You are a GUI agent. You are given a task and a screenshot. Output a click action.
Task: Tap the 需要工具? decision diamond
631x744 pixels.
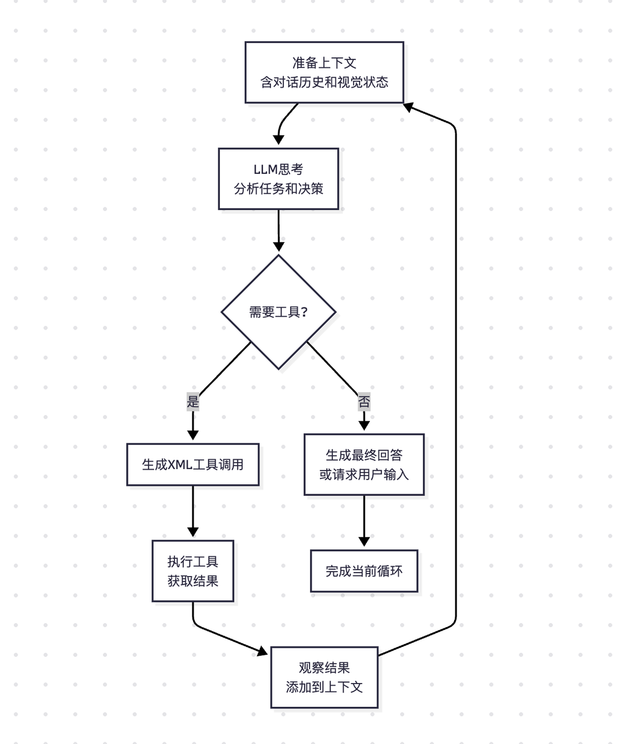click(279, 312)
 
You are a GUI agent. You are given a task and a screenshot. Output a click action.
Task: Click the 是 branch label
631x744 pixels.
click(192, 401)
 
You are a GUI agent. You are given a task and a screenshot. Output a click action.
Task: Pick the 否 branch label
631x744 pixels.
click(364, 401)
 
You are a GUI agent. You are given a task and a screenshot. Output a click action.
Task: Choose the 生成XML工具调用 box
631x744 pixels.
click(192, 464)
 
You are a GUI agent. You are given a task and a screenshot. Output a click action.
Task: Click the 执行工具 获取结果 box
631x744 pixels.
click(192, 571)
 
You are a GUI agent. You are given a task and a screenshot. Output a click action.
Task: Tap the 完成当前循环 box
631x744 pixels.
click(364, 571)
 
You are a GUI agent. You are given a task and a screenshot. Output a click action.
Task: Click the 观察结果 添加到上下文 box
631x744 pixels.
click(324, 677)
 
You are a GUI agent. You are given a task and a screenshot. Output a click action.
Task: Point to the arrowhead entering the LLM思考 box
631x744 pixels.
click(279, 140)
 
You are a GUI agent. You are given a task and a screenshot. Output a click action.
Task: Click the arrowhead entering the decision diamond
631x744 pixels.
click(279, 246)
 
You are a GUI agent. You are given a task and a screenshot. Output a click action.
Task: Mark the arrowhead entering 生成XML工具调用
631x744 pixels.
click(192, 435)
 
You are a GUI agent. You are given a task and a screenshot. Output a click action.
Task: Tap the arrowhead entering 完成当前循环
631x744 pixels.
click(364, 541)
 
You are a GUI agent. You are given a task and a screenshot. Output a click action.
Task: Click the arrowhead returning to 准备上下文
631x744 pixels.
click(409, 107)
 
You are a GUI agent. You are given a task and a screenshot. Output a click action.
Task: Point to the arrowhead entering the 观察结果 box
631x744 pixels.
click(263, 652)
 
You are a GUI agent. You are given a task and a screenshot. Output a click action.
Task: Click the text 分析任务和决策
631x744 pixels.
click(278, 189)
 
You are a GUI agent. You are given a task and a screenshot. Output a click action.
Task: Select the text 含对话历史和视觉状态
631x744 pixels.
click(324, 83)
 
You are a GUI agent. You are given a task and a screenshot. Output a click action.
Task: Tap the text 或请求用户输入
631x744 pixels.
click(364, 475)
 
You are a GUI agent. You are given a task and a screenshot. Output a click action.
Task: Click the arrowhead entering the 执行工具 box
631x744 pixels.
click(192, 532)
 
